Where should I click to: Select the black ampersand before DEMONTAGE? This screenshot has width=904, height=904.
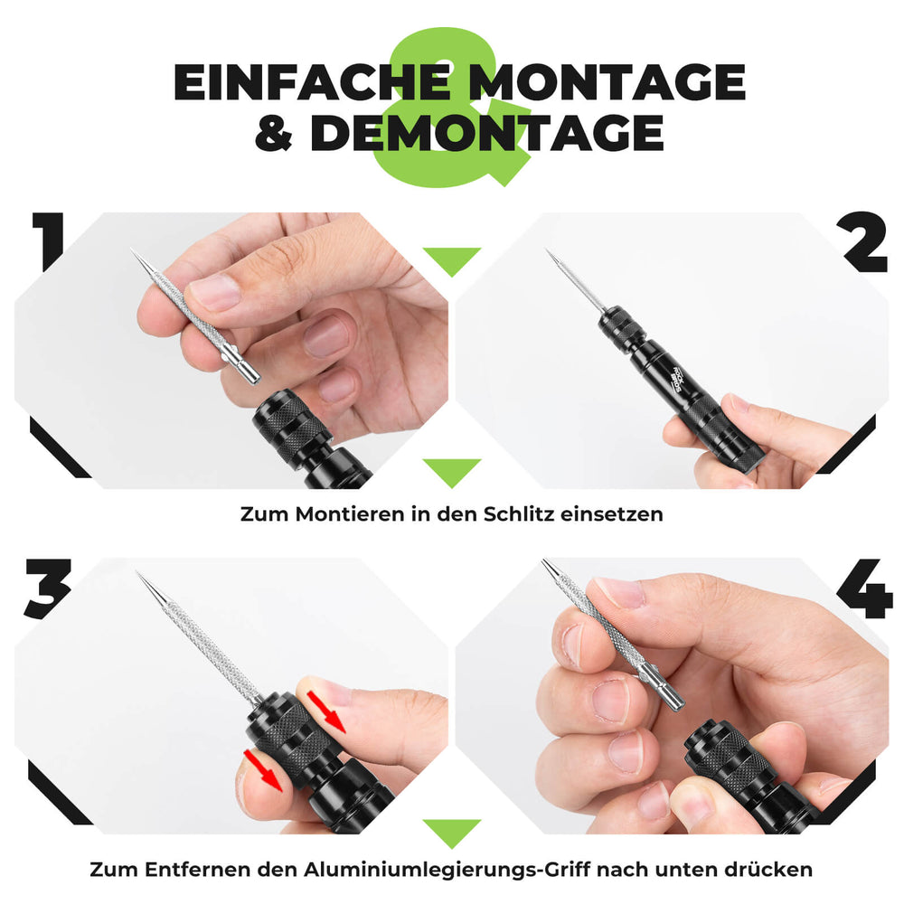pos(275,134)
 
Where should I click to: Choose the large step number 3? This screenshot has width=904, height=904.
pos(47,589)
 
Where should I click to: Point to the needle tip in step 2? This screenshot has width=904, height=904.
pos(549,252)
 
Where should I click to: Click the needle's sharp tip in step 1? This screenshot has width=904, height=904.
pos(134,251)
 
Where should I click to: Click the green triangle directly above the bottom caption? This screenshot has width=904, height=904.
pos(452,831)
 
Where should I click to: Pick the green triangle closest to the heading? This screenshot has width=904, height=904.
pos(452,260)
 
